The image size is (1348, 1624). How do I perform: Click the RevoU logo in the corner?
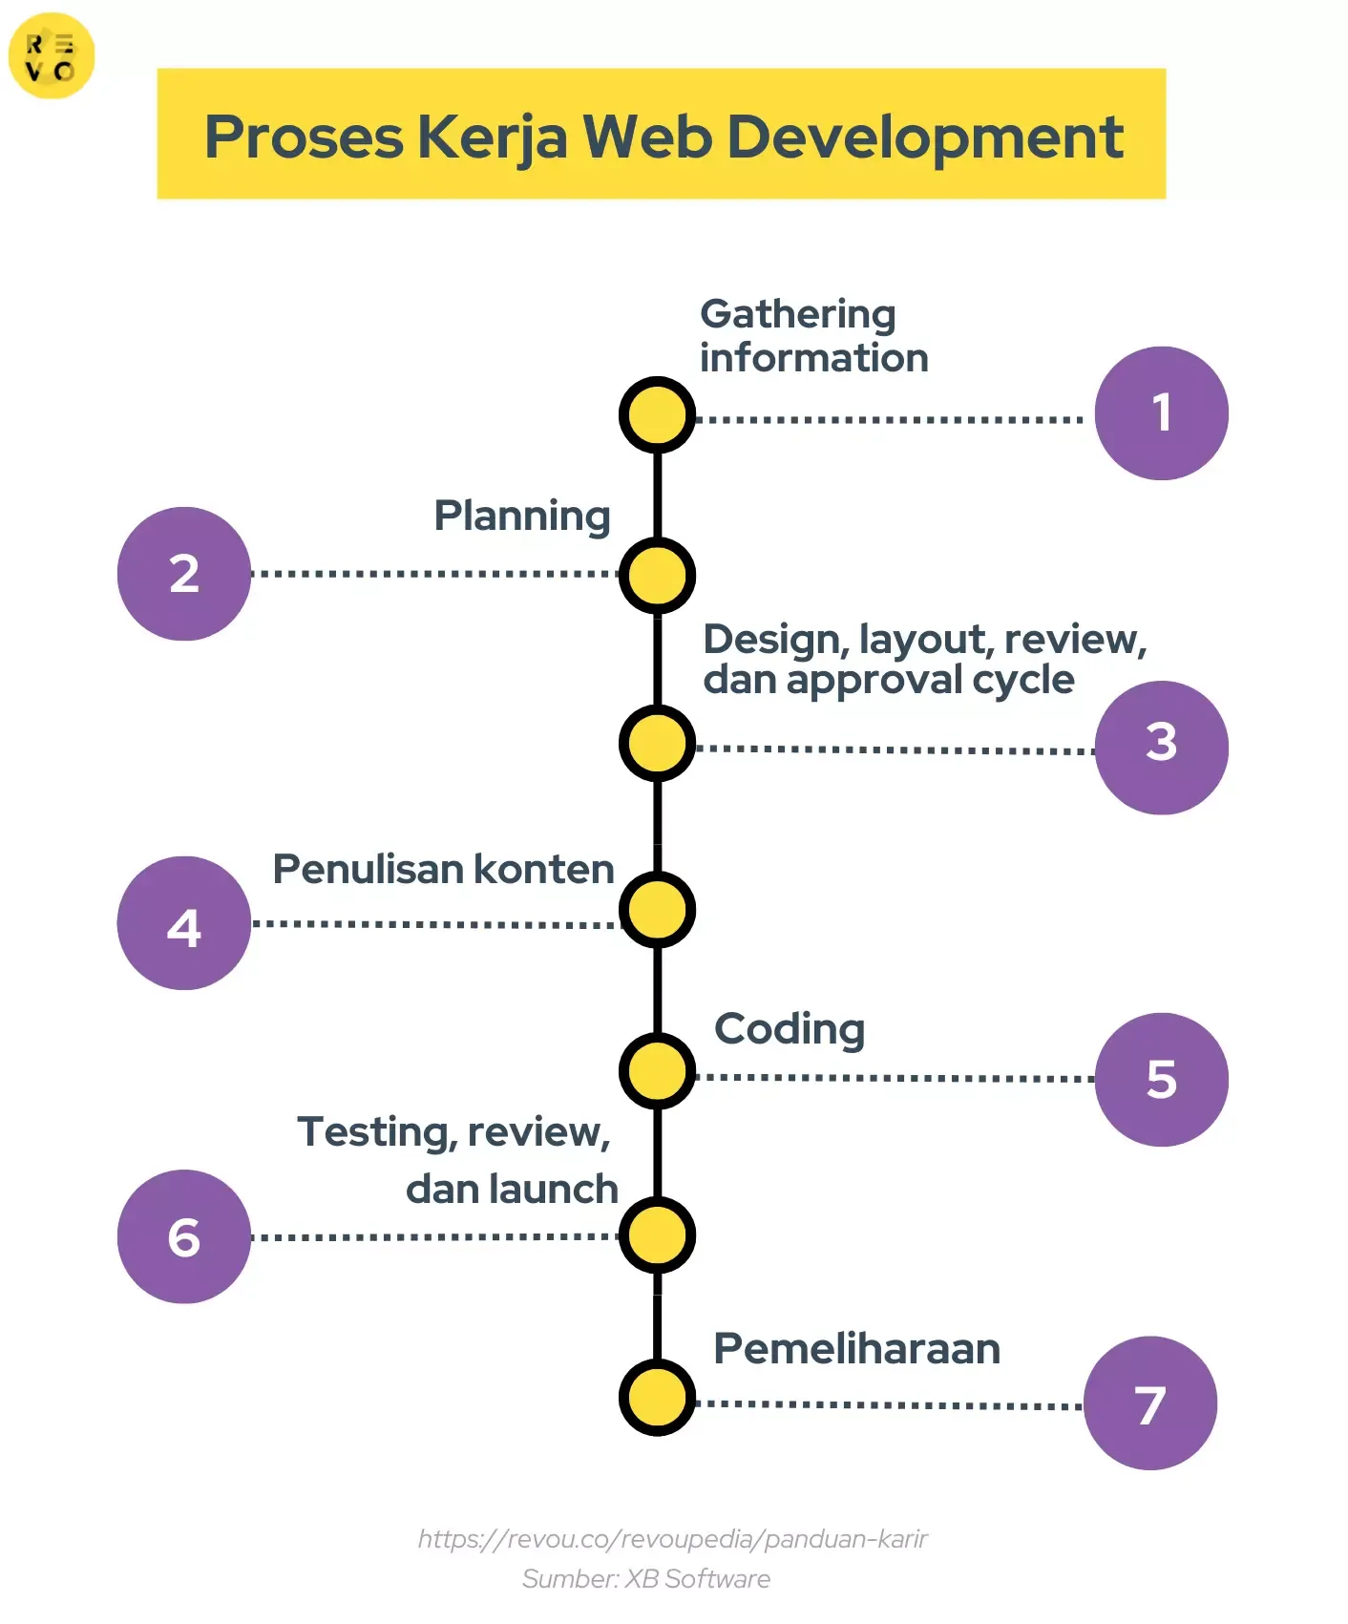coord(51,55)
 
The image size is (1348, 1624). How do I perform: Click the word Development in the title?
coord(924,137)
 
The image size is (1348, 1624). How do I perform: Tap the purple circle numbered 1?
coord(1161,412)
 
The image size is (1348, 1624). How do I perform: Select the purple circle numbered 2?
coord(184,574)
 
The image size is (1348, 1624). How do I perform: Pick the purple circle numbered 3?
coord(1161,747)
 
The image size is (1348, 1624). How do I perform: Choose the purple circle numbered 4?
coord(184,923)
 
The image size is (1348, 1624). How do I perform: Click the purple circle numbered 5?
coord(1161,1079)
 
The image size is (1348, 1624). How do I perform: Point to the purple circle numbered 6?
coord(184,1236)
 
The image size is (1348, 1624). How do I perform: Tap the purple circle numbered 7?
coord(1150,1403)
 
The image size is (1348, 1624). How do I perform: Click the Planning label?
coord(521,517)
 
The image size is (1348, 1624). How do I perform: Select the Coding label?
coord(790,1029)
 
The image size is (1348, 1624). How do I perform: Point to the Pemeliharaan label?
coord(856,1349)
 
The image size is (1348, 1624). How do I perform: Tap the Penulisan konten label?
coord(443,870)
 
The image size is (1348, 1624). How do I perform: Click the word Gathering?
coord(797,314)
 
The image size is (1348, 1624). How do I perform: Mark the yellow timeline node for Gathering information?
coord(657,415)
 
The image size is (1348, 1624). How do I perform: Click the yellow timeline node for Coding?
coord(657,1070)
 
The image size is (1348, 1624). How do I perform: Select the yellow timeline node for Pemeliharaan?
coord(657,1397)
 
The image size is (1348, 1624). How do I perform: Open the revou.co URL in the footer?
coord(672,1538)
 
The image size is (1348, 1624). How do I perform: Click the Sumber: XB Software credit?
coord(645,1578)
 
